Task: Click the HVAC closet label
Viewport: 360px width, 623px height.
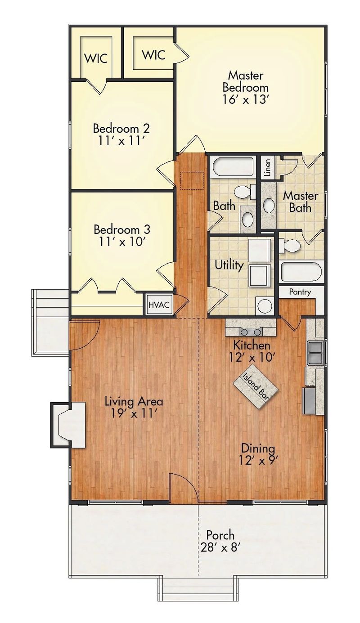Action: tap(159, 305)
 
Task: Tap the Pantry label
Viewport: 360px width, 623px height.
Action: tap(300, 292)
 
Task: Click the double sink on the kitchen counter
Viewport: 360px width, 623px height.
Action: tap(315, 352)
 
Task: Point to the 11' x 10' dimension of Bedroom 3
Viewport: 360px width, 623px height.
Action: tap(121, 242)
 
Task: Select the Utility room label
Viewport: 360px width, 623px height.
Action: tap(229, 265)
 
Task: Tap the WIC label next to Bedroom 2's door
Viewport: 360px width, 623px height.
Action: tap(97, 58)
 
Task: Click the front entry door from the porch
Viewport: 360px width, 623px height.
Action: tap(184, 488)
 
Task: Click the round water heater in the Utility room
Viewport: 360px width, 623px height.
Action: tap(265, 306)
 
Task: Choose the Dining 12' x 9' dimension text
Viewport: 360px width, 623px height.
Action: tap(258, 460)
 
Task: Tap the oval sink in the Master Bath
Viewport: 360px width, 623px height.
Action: tap(269, 205)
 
